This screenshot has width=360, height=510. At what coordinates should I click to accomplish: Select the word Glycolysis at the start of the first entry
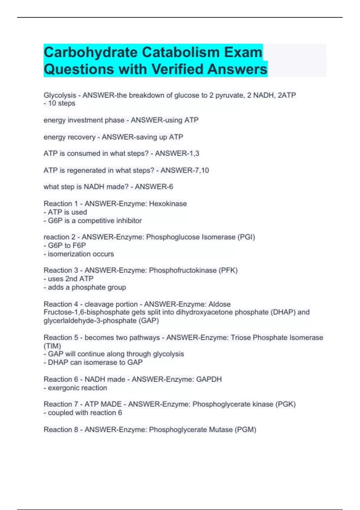[60, 95]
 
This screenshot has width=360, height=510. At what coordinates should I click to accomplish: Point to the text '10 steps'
[61, 103]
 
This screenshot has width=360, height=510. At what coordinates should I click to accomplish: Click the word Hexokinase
[168, 204]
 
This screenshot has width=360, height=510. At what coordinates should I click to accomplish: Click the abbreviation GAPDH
[209, 379]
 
